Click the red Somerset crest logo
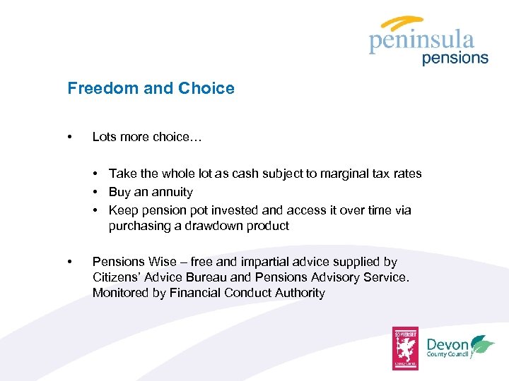(x=406, y=348)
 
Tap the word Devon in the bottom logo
(x=447, y=344)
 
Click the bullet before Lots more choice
(x=69, y=137)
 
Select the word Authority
(x=298, y=293)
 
